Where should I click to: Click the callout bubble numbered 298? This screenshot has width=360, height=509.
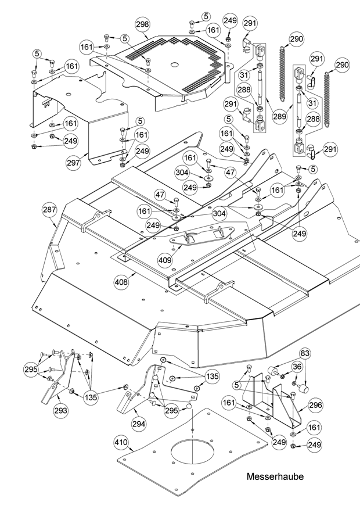(x=142, y=24)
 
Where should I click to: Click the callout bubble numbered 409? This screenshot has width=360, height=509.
(x=165, y=261)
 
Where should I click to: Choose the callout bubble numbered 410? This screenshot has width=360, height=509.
(x=120, y=445)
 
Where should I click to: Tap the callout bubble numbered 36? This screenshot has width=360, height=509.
(x=297, y=367)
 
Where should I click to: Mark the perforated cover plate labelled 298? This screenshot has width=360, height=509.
(x=186, y=70)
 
